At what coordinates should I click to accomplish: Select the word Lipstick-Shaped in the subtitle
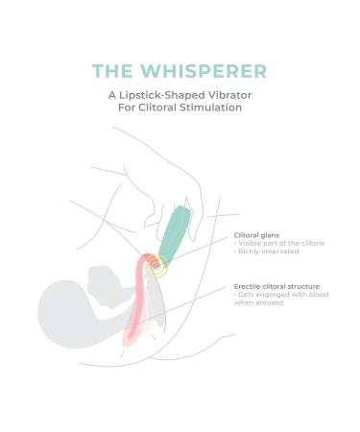(x=160, y=94)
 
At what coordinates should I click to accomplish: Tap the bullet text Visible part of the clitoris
(x=279, y=244)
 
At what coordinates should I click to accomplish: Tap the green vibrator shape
(x=177, y=236)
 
